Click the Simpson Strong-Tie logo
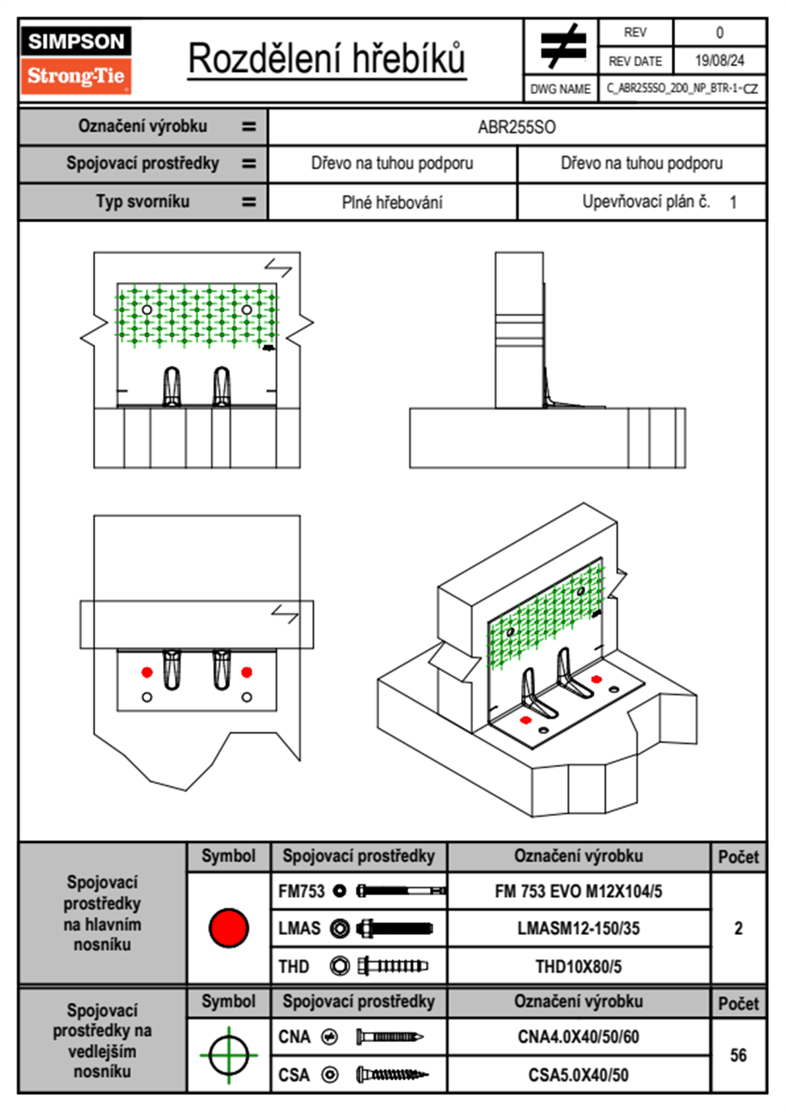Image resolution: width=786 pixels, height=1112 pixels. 76,60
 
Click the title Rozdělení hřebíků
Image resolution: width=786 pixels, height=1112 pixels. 327,58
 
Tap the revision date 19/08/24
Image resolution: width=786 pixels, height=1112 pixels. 719,61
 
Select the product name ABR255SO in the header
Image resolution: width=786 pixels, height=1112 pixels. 517,127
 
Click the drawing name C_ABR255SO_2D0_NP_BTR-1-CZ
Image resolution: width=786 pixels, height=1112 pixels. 682,89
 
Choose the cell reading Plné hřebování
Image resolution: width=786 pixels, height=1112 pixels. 392,202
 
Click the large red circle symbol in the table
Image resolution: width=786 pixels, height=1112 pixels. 229,928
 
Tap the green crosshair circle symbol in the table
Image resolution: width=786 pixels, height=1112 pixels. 229,1055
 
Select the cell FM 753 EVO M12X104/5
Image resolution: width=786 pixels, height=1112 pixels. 579,891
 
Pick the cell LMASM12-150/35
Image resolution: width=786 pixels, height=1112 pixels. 579,928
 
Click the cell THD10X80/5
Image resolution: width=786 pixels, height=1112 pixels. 579,967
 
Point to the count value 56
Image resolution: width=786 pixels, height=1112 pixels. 738,1055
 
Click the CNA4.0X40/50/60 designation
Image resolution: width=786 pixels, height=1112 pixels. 579,1037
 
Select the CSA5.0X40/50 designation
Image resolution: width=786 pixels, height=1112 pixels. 579,1075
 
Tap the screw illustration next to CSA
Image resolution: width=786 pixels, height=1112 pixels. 391,1075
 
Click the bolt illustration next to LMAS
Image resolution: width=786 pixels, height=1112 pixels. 394,928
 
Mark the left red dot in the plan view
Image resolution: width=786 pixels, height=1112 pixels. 147,672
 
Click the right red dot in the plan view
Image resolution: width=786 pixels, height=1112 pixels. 247,672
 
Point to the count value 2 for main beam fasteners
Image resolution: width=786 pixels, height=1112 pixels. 738,928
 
